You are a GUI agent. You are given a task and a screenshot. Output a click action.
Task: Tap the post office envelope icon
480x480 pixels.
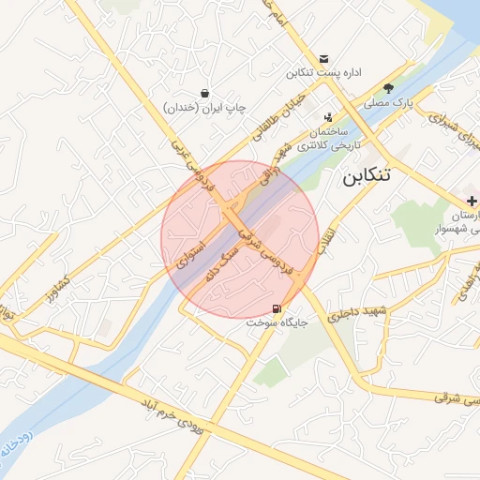(x=324, y=57)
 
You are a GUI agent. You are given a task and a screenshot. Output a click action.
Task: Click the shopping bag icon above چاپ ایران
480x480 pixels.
(x=204, y=93)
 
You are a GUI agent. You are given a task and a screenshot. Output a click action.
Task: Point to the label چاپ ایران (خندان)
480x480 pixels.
(x=204, y=108)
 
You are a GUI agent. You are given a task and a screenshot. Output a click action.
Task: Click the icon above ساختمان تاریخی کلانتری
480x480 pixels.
(x=327, y=118)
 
